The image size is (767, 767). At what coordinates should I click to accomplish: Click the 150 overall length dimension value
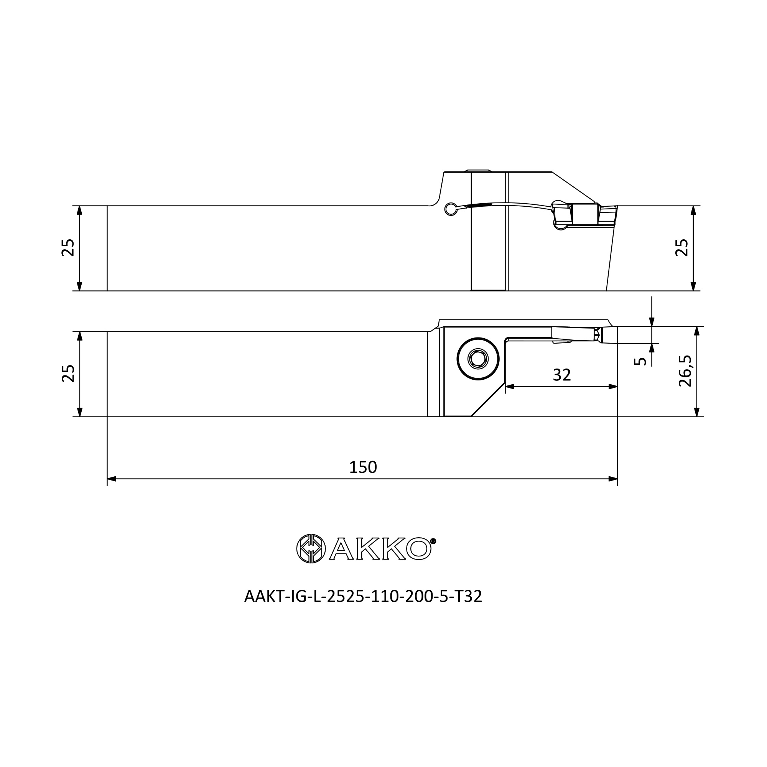[363, 467]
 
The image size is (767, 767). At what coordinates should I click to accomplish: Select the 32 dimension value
[562, 375]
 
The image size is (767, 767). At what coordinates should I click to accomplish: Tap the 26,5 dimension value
[685, 371]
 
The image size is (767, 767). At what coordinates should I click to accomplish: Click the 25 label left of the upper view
[68, 248]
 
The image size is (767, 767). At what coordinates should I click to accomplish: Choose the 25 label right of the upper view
[681, 248]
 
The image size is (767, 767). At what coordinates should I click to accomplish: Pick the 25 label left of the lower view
[68, 373]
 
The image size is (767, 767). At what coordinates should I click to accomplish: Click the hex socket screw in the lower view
[478, 359]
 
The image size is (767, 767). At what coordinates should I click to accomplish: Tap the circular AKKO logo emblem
[311, 549]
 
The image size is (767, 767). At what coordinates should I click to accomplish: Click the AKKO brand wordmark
[380, 549]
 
